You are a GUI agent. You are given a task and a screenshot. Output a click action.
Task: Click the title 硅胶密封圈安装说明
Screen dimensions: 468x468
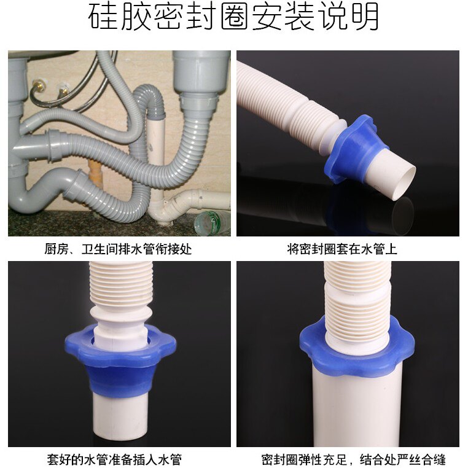click(233, 17)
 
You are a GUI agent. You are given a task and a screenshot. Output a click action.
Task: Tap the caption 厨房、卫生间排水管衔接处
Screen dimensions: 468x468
click(118, 249)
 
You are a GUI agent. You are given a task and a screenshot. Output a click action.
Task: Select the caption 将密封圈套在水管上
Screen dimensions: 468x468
click(342, 249)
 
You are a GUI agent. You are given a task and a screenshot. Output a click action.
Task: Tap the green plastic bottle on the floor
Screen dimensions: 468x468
click(211, 223)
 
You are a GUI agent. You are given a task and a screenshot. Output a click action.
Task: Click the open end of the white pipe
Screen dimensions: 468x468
click(404, 183)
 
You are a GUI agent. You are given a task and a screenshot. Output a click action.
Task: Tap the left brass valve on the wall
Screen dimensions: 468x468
click(39, 85)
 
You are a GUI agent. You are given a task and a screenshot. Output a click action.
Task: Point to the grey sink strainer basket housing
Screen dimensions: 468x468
click(201, 72)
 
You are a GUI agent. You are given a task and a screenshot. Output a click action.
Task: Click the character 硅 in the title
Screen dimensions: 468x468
click(103, 17)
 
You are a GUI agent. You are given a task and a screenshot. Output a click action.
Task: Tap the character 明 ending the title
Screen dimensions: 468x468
click(365, 17)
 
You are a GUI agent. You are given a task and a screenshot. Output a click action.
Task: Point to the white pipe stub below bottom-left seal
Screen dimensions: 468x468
click(120, 418)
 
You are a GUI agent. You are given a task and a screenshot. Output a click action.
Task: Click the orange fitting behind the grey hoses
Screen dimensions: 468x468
click(95, 173)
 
